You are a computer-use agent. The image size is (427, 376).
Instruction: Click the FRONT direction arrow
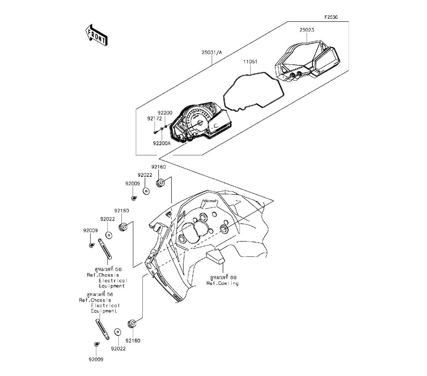97,35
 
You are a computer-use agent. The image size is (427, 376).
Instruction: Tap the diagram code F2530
331,18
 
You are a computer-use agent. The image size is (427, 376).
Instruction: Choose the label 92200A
162,144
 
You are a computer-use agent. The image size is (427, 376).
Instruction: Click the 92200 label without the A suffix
165,112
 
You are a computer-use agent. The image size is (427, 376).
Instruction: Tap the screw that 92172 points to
155,132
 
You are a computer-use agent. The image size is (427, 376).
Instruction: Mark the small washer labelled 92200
166,127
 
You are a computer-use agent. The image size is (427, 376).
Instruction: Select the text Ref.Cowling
222,284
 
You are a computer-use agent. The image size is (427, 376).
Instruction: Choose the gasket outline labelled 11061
252,92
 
